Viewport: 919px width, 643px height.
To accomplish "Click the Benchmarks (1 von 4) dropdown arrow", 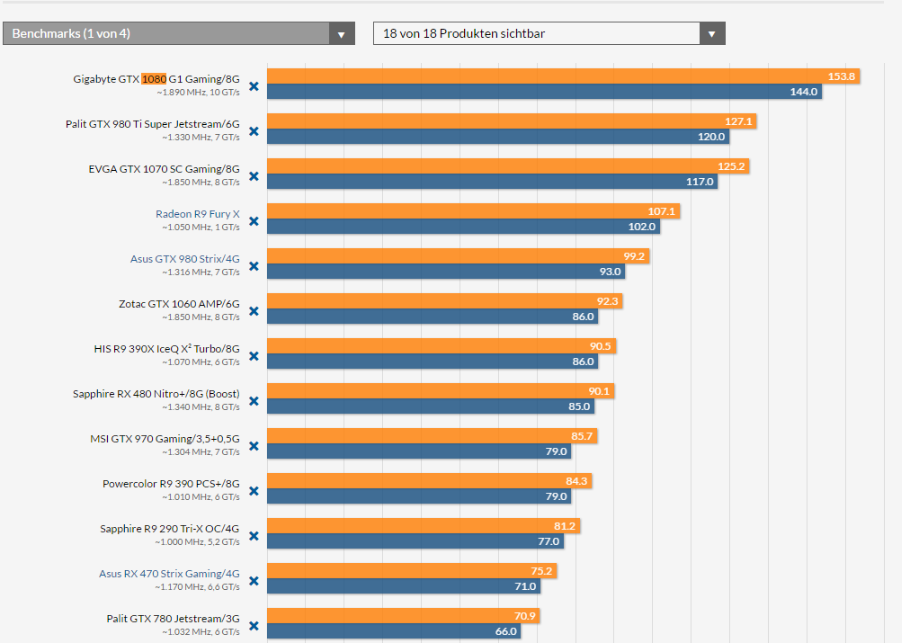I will pos(341,34).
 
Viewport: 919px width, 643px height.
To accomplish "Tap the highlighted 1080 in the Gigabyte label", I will pos(154,79).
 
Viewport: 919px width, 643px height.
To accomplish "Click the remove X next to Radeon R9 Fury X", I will pos(254,221).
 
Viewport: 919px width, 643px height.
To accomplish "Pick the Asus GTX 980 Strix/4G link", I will pos(184,259).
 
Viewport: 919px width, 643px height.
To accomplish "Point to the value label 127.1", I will pos(738,121).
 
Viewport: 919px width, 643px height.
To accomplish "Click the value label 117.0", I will pos(700,182).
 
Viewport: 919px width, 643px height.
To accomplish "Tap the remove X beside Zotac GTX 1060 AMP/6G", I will pos(254,311).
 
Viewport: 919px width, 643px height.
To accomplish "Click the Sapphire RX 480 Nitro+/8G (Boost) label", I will pos(156,394).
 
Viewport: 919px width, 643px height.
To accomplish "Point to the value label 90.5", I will pos(601,346).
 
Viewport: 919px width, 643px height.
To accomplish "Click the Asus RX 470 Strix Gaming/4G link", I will pos(169,574).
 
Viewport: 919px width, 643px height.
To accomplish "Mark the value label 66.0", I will pos(505,631).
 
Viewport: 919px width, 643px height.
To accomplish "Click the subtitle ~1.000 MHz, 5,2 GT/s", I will pos(196,542).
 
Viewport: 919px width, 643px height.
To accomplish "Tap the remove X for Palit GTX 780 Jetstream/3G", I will pos(254,626).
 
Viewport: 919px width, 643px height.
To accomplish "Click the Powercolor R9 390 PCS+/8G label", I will pos(171,484).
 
